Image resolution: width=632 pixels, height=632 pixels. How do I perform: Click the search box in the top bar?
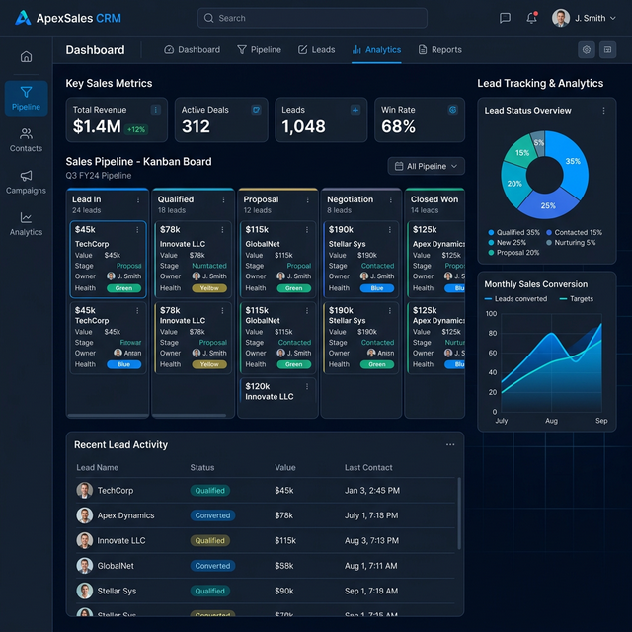click(311, 18)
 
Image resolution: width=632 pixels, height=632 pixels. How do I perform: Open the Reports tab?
click(440, 50)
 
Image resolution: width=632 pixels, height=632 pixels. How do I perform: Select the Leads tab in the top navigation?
click(317, 50)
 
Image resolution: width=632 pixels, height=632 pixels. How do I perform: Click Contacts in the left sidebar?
click(26, 139)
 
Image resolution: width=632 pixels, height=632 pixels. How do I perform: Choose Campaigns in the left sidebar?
click(26, 182)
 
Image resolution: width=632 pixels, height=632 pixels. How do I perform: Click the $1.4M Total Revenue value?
click(97, 127)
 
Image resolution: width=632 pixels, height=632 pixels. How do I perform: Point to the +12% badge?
click(136, 129)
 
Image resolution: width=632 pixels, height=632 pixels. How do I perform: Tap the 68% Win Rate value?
click(398, 127)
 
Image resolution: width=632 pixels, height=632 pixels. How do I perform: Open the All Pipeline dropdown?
click(426, 167)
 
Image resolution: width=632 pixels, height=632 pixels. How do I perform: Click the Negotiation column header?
click(351, 199)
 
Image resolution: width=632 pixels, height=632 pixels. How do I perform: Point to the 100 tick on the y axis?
click(492, 314)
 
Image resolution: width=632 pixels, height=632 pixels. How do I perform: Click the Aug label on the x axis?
click(552, 421)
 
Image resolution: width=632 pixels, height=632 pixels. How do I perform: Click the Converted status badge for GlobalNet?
click(212, 566)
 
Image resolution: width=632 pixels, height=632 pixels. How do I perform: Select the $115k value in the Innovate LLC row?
click(285, 541)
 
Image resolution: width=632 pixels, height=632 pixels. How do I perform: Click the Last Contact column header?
click(368, 468)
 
